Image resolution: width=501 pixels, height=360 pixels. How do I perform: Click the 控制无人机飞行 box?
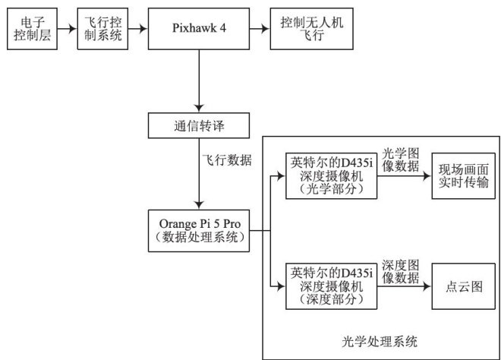point(304,29)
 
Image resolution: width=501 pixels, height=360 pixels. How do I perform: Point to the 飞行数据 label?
point(227,161)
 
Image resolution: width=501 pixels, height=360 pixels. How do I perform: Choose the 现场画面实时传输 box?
point(462,175)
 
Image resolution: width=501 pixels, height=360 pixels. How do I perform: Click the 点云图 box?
point(462,286)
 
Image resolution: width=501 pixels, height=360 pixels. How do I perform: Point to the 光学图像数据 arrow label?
point(402,158)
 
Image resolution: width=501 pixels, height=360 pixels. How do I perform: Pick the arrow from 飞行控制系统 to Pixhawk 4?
point(137,29)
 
